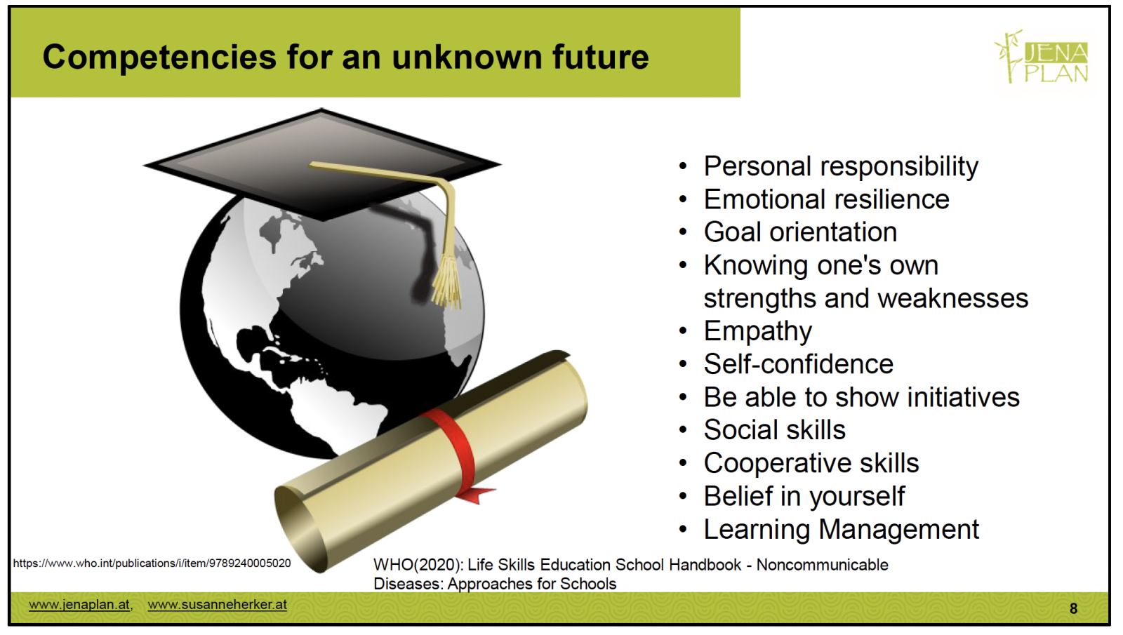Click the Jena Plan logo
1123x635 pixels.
coord(1042,57)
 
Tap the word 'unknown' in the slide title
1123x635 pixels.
coord(467,57)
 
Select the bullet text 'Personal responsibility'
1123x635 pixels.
coord(841,166)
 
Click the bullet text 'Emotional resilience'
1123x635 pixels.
coord(826,199)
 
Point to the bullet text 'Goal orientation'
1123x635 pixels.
coord(800,232)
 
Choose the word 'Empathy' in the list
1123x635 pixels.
coord(757,332)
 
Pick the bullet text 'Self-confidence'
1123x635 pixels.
coord(798,363)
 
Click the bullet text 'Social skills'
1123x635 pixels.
coord(775,429)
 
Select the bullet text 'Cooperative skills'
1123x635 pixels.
coord(811,462)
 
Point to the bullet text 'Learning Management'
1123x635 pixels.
coord(842,530)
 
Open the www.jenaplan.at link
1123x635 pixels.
coord(79,604)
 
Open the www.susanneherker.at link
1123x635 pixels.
coord(217,604)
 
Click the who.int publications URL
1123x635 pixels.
coord(152,563)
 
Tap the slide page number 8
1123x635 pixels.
coord(1073,608)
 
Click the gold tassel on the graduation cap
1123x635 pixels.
coord(446,281)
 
